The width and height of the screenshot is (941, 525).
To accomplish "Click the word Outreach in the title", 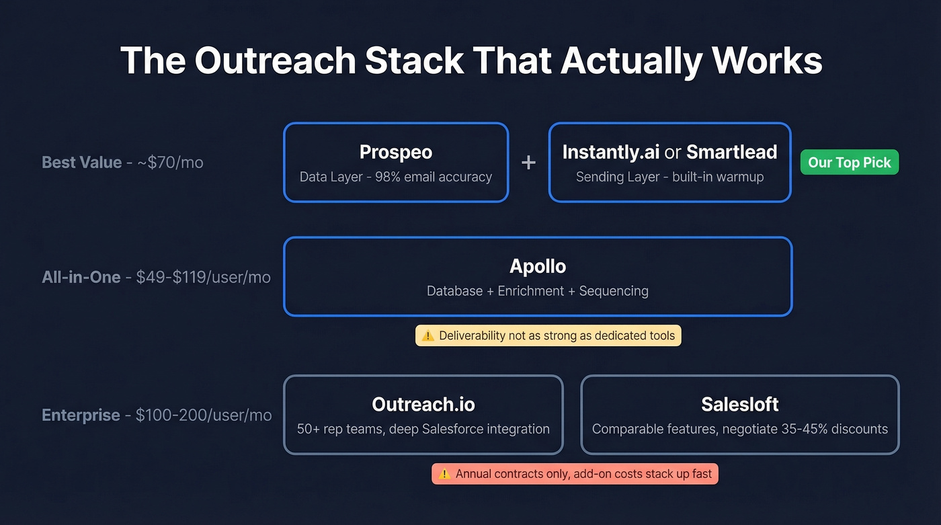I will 276,60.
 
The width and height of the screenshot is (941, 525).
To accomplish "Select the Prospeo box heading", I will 395,152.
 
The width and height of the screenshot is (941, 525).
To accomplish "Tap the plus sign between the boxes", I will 528,163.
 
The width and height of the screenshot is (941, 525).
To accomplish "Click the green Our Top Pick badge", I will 849,163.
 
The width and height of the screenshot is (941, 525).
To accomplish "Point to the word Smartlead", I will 731,152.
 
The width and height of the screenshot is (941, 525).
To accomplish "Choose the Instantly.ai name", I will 610,152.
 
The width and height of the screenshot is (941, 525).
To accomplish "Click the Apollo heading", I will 538,266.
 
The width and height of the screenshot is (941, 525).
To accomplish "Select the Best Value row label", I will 81,163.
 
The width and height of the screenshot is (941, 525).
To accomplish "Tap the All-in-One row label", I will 81,277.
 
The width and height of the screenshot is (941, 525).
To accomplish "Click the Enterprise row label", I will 81,415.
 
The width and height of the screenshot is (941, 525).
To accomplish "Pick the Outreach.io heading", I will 423,404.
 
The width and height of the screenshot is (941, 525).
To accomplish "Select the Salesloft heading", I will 739,404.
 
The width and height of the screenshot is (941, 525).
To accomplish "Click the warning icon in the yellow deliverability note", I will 427,335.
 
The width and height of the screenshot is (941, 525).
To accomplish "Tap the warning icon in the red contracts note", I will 444,474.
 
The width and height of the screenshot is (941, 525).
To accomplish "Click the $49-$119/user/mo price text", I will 203,277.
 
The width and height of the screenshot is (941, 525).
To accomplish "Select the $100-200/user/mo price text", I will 204,415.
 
